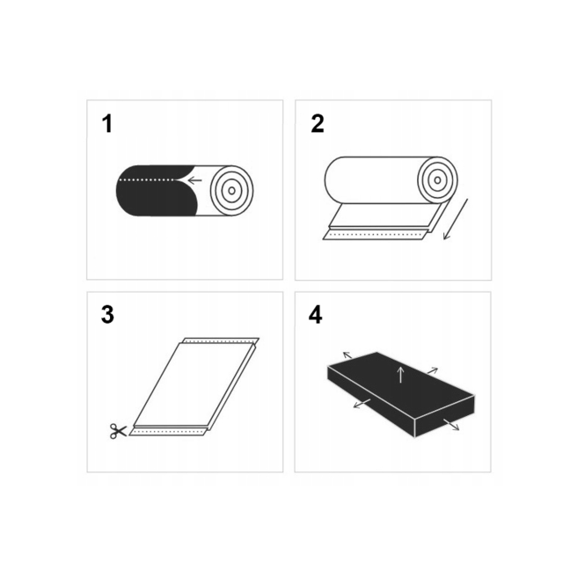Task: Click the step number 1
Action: (107, 124)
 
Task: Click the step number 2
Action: (318, 124)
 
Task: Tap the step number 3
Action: (107, 315)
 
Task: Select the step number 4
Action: (316, 315)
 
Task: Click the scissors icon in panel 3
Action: (118, 431)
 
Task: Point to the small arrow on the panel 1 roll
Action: (195, 179)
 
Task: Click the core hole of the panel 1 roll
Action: (232, 191)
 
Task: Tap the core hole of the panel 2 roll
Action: (437, 180)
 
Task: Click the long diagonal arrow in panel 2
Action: (456, 219)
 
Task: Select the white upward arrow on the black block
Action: (401, 375)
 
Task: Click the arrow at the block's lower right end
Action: (451, 425)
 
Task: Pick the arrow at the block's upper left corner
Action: (347, 355)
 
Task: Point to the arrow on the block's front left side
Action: (362, 403)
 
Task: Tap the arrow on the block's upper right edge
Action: (433, 371)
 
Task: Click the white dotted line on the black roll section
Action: (147, 179)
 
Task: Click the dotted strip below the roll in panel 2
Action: (374, 235)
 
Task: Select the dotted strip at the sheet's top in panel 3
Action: (221, 340)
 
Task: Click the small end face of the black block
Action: (444, 416)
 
